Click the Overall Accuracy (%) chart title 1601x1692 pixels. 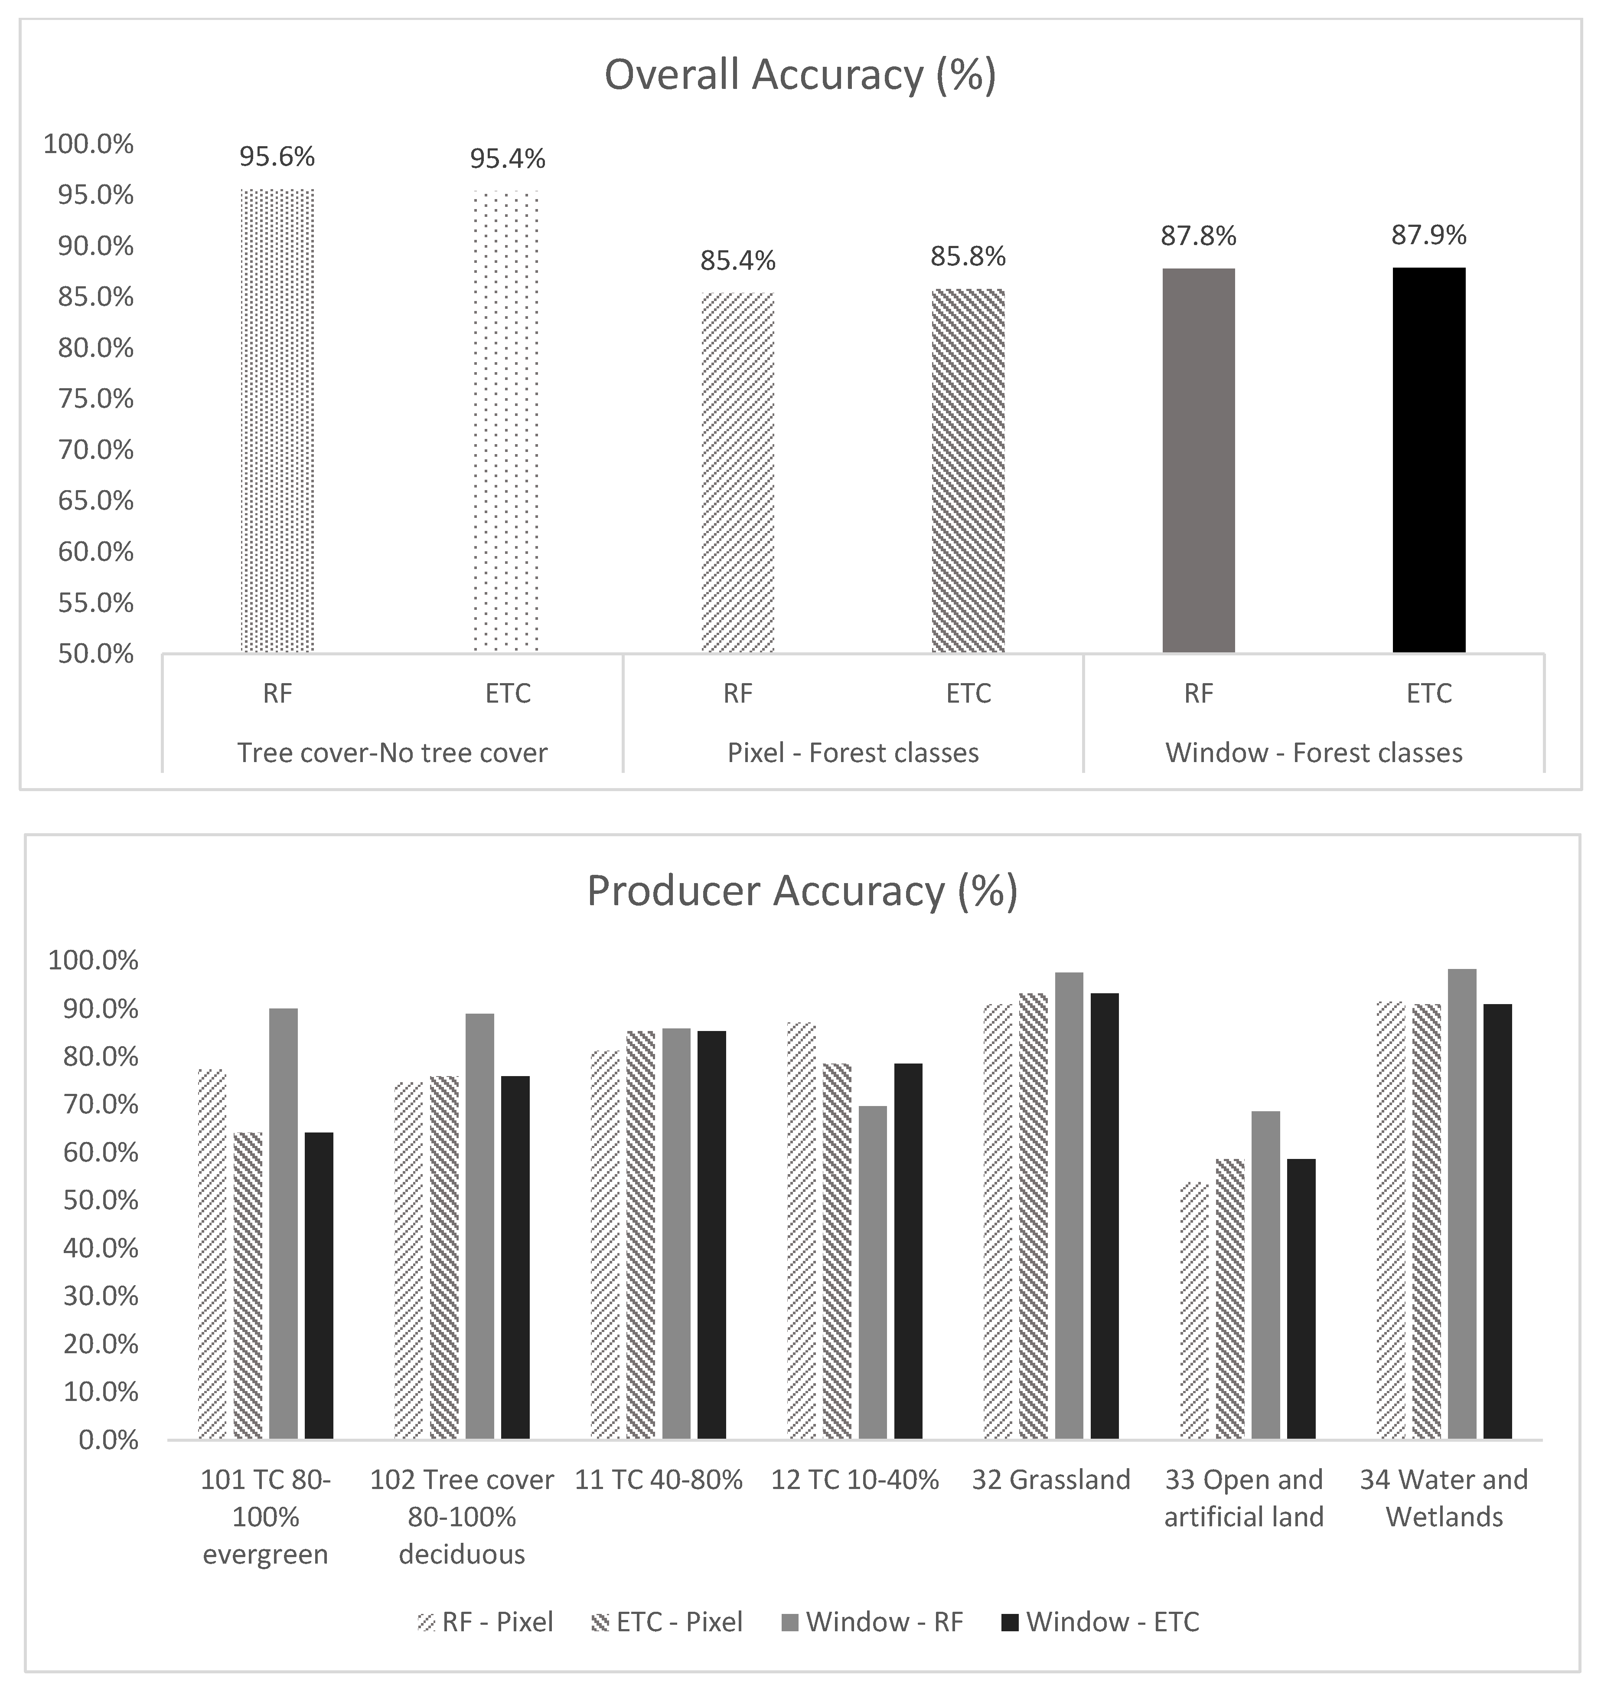tap(800, 75)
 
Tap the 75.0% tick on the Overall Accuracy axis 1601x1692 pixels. tap(95, 399)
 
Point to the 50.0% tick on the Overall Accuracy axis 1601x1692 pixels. tap(95, 654)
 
